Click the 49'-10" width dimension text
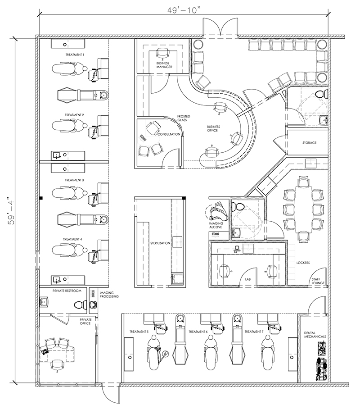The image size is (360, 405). tap(184, 10)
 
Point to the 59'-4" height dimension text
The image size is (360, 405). tap(12, 211)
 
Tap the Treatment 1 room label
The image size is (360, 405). tap(75, 55)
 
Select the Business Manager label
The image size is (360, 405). tap(164, 65)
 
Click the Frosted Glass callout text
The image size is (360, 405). tap(184, 118)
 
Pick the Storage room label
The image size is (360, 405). tap(310, 142)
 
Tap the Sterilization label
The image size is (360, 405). tap(160, 243)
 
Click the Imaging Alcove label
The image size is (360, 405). tap(216, 225)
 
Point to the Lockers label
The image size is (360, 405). tap(303, 263)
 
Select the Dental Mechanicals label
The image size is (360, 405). tap(315, 335)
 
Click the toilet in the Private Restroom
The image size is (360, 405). tap(81, 305)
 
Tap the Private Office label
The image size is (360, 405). tap(85, 321)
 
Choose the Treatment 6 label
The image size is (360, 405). tap(198, 332)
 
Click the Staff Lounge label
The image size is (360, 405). tap(318, 281)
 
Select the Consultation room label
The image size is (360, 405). tap(169, 134)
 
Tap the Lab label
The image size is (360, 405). tap(248, 279)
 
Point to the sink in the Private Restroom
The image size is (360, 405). tap(44, 302)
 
